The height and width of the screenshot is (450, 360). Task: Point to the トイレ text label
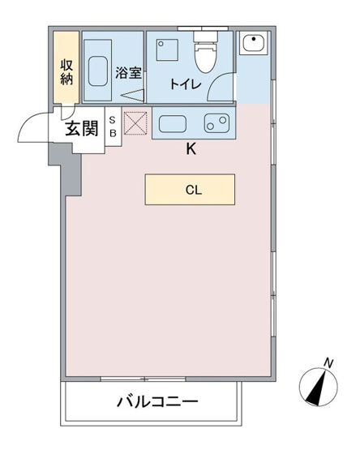pos(185,84)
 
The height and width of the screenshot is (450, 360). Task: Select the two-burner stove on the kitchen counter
pos(216,124)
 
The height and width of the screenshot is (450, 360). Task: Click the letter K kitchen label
pos(191,149)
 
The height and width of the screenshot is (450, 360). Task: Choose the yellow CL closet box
pos(190,191)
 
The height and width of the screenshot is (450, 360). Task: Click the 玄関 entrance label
pos(79,128)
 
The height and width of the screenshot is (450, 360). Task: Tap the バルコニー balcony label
pos(156,402)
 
